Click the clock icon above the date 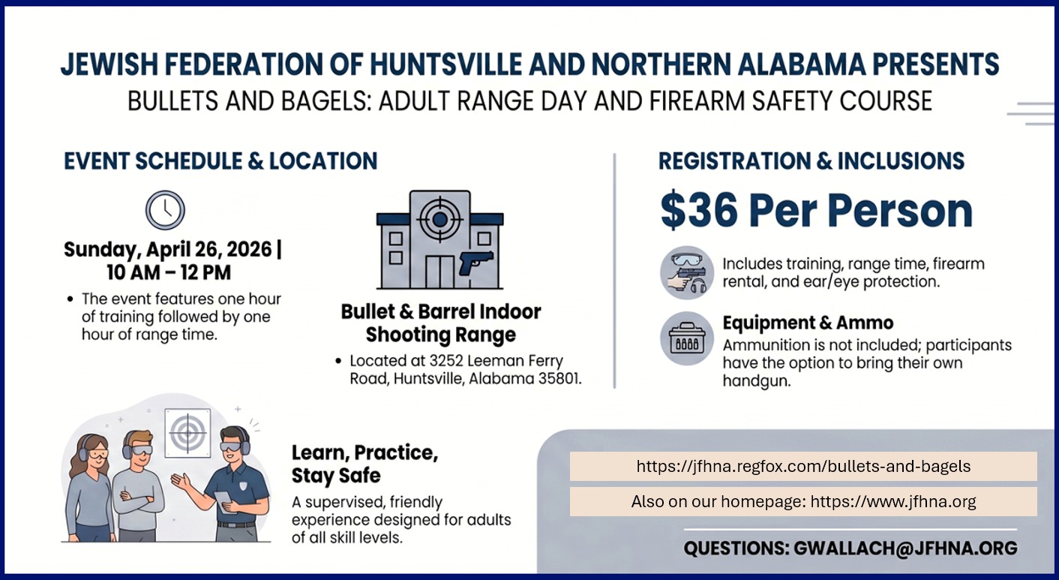[165, 210]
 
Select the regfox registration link [803, 466]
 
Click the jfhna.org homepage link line [803, 501]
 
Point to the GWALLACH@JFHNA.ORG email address [905, 548]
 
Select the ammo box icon [687, 338]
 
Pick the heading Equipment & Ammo [808, 323]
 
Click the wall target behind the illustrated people [187, 432]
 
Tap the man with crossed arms [139, 488]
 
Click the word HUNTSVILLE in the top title [448, 65]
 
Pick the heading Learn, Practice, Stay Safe [364, 464]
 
